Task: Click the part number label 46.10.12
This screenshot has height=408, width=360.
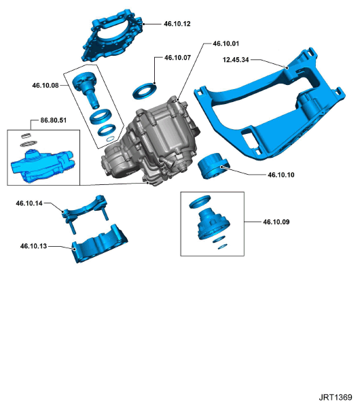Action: coord(177,24)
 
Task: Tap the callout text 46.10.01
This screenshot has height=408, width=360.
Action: coord(226,43)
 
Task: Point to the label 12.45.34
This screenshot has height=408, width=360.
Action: coord(236,60)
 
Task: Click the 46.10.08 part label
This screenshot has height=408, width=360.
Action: coord(45,86)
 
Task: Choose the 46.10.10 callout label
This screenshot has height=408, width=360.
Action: coord(281,175)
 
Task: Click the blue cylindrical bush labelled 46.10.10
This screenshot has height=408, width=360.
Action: coord(215,166)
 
